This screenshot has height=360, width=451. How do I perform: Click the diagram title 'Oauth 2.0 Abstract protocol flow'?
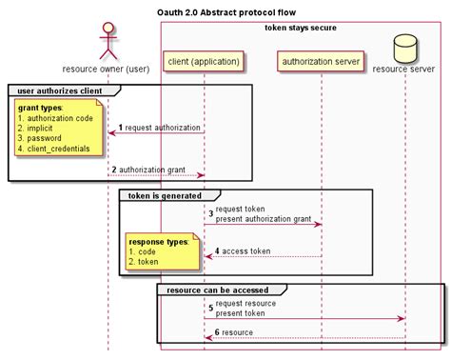pos(225,12)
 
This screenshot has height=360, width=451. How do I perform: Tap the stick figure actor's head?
pos(107,29)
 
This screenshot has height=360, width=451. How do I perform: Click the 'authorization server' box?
pos(321,63)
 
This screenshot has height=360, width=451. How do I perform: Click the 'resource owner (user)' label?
pos(107,69)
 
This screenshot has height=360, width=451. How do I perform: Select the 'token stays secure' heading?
pos(300,28)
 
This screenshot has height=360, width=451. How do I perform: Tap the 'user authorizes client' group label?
pos(58,90)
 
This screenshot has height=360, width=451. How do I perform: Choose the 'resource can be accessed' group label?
pos(216,289)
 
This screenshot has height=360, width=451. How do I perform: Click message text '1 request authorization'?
pos(159,128)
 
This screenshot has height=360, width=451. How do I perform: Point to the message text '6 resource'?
pos(233,332)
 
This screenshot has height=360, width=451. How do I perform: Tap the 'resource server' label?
pos(405,69)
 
